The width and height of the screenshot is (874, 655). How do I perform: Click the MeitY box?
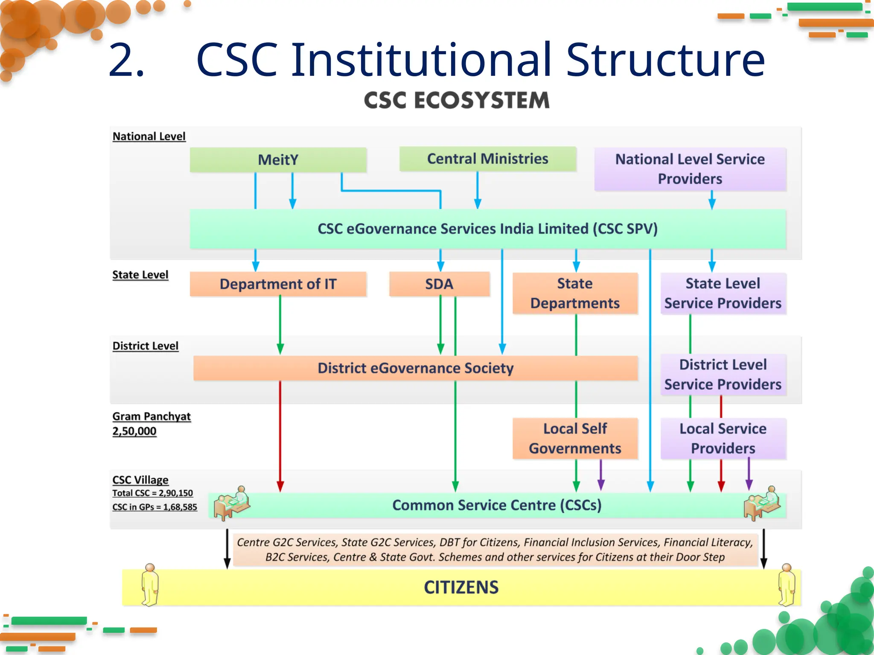click(278, 160)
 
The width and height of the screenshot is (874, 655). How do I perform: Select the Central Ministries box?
click(487, 159)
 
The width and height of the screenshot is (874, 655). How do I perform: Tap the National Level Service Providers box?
click(690, 169)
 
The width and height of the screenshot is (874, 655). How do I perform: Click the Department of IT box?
click(278, 284)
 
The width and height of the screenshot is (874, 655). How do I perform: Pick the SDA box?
click(439, 284)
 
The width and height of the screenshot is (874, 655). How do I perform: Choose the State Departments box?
click(574, 293)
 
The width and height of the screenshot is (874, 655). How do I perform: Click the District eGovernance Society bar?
click(415, 368)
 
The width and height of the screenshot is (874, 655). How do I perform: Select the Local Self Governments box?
click(574, 438)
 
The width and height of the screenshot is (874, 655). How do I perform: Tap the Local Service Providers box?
click(723, 438)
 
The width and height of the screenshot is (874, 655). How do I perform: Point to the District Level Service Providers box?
click(723, 374)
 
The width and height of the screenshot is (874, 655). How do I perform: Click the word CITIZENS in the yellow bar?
click(461, 587)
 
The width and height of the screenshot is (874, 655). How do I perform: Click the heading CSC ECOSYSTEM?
click(456, 101)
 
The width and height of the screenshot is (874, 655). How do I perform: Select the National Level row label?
click(149, 136)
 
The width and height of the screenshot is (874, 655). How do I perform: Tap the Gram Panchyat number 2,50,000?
click(134, 431)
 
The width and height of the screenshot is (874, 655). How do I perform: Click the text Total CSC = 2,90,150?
click(152, 493)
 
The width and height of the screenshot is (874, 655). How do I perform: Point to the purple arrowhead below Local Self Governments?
click(601, 485)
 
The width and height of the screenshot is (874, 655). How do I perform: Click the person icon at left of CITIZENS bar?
click(150, 585)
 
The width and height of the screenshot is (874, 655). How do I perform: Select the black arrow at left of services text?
click(227, 550)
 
